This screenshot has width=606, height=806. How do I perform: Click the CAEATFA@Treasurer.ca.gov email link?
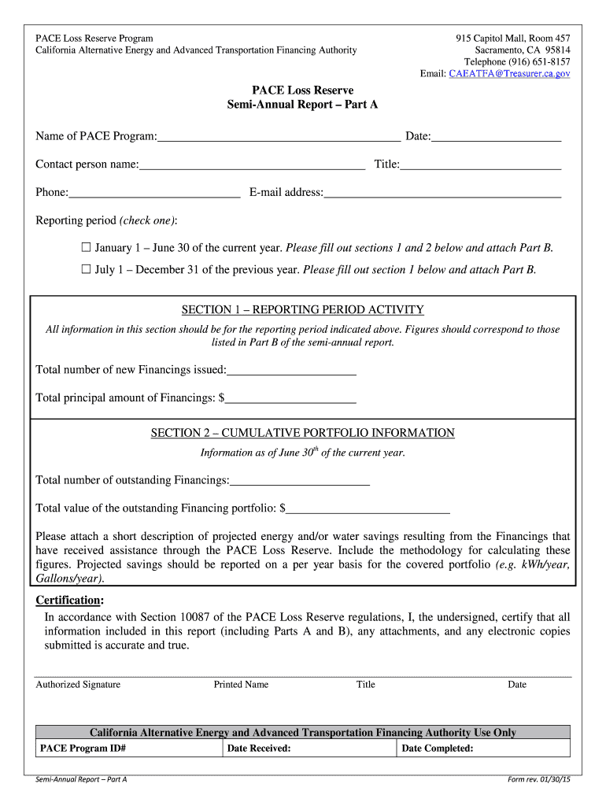(509, 73)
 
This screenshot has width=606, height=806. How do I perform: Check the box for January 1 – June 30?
(87, 248)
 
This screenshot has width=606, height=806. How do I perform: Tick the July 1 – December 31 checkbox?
(87, 269)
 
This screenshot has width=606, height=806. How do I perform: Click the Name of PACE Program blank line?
(279, 137)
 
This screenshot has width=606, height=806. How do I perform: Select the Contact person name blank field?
(252, 165)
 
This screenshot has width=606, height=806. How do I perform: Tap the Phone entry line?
(154, 192)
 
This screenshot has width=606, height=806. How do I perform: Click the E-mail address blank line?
(442, 192)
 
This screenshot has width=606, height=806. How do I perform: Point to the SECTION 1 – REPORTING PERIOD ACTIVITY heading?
(303, 310)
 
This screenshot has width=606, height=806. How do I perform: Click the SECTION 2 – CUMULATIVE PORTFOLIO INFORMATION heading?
(303, 433)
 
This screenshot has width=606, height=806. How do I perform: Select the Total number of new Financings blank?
(291, 370)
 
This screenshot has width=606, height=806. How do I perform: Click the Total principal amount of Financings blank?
(290, 398)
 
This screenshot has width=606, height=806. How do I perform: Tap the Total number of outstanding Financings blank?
(300, 480)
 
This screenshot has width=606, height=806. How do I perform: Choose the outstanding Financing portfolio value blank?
(368, 508)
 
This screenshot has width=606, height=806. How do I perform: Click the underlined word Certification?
(69, 601)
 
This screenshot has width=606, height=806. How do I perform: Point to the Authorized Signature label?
(78, 685)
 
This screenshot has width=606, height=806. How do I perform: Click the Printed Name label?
(241, 685)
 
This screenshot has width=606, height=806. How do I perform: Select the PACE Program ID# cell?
(128, 749)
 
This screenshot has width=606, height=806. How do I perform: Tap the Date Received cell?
(309, 749)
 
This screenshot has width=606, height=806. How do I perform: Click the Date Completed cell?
(482, 749)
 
